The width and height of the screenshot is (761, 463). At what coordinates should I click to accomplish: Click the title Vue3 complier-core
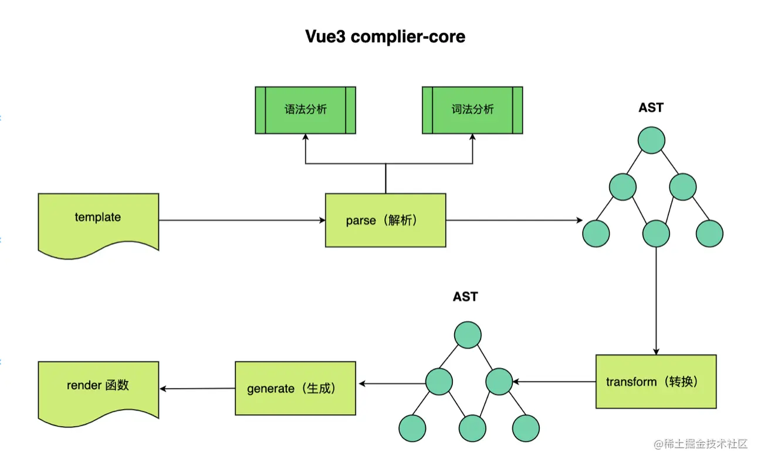pos(385,36)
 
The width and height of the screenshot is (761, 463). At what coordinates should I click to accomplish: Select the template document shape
pos(98,223)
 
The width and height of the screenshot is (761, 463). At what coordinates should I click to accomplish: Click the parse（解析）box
pos(385,220)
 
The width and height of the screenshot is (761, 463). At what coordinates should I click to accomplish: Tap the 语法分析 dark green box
pos(305,110)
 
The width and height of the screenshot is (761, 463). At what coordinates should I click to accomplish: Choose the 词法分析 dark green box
pos(472,110)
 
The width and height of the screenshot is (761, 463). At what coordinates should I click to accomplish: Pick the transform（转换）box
pos(655,382)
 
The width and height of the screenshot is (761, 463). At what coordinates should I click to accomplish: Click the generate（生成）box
pos(295,388)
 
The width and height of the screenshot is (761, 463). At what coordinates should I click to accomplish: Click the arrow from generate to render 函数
pos(197,389)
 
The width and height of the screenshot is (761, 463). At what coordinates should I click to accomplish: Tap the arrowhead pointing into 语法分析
pos(305,138)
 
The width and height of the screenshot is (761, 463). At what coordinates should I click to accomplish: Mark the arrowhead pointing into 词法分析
pos(472,138)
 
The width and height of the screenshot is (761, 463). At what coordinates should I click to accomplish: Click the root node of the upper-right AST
pos(651,141)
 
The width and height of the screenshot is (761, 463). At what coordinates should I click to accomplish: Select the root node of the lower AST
pos(468,335)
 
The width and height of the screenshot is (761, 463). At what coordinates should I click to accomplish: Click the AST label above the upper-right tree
pos(651,108)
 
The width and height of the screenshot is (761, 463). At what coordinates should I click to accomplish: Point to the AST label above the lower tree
pos(465,297)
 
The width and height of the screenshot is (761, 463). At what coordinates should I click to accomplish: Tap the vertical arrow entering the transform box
pos(655,305)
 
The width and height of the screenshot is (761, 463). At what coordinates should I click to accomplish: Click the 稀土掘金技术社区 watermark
pos(701,444)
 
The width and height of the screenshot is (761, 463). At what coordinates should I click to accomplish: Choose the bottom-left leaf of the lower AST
pos(412,428)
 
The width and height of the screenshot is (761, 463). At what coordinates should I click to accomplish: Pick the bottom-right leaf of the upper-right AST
pos(709,233)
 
